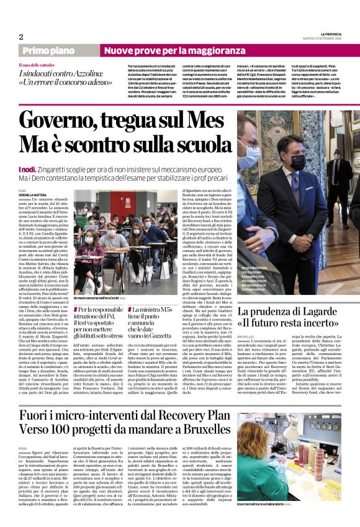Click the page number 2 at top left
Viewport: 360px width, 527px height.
point(21,37)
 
